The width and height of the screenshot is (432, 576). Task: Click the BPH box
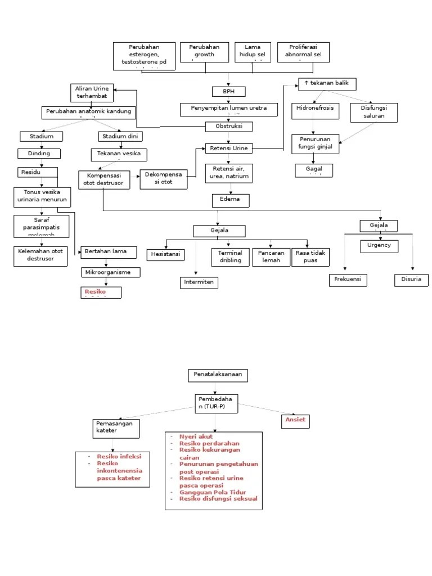229,91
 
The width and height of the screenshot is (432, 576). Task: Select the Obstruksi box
228,127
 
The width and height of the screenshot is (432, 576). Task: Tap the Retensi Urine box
228,148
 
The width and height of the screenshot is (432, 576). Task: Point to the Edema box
231,200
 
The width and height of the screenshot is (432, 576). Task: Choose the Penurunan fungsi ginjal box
315,144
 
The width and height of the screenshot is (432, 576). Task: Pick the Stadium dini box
120,136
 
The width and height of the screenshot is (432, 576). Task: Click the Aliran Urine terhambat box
92,93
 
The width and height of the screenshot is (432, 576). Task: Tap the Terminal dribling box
230,257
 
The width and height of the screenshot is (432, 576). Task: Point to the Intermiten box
199,282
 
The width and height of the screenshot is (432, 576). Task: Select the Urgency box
379,246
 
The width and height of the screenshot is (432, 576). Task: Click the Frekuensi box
347,280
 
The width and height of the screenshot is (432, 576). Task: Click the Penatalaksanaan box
217,375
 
